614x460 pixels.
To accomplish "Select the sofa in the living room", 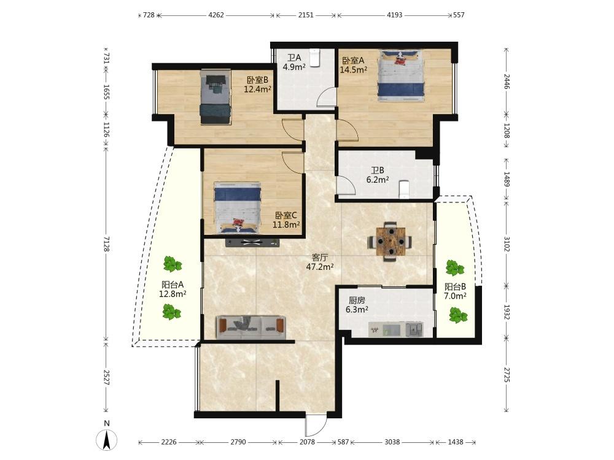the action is [x=251, y=327].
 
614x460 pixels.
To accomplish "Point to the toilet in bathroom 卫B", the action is [x=404, y=190].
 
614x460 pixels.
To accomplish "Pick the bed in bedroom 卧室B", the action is [x=215, y=98].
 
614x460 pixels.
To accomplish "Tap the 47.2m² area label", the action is [x=319, y=267].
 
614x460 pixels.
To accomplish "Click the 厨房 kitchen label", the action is [x=357, y=301].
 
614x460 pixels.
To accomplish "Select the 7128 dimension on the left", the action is [x=106, y=243].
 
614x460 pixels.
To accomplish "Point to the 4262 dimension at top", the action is [x=216, y=15].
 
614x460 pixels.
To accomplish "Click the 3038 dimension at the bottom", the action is [x=392, y=442].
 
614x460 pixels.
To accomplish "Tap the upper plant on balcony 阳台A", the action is [x=173, y=264].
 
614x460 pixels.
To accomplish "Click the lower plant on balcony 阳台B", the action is [x=458, y=315].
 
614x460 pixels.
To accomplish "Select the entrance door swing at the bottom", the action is [x=316, y=425].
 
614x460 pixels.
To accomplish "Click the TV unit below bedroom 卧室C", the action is [x=252, y=242].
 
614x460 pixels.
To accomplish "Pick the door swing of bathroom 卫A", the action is [x=326, y=97].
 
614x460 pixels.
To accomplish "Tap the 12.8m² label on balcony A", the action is [x=173, y=294].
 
